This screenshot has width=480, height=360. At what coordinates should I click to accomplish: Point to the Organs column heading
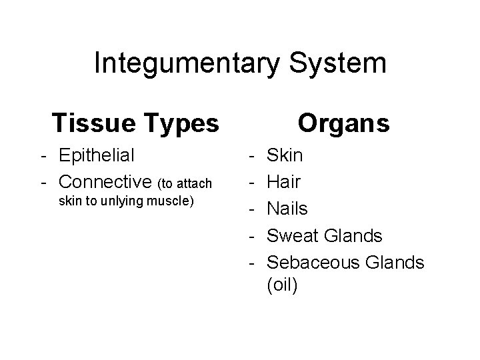(343, 123)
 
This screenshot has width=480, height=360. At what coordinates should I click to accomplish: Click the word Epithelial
(97, 155)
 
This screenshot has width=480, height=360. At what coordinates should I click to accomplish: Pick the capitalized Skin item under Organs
(285, 155)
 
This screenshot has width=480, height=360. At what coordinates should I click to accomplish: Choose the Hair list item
(283, 182)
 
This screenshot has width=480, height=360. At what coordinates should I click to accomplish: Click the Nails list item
(287, 209)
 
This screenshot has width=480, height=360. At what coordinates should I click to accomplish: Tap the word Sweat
(295, 235)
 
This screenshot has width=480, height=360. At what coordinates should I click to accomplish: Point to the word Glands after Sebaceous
(395, 262)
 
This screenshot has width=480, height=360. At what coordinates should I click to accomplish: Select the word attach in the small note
(195, 183)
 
